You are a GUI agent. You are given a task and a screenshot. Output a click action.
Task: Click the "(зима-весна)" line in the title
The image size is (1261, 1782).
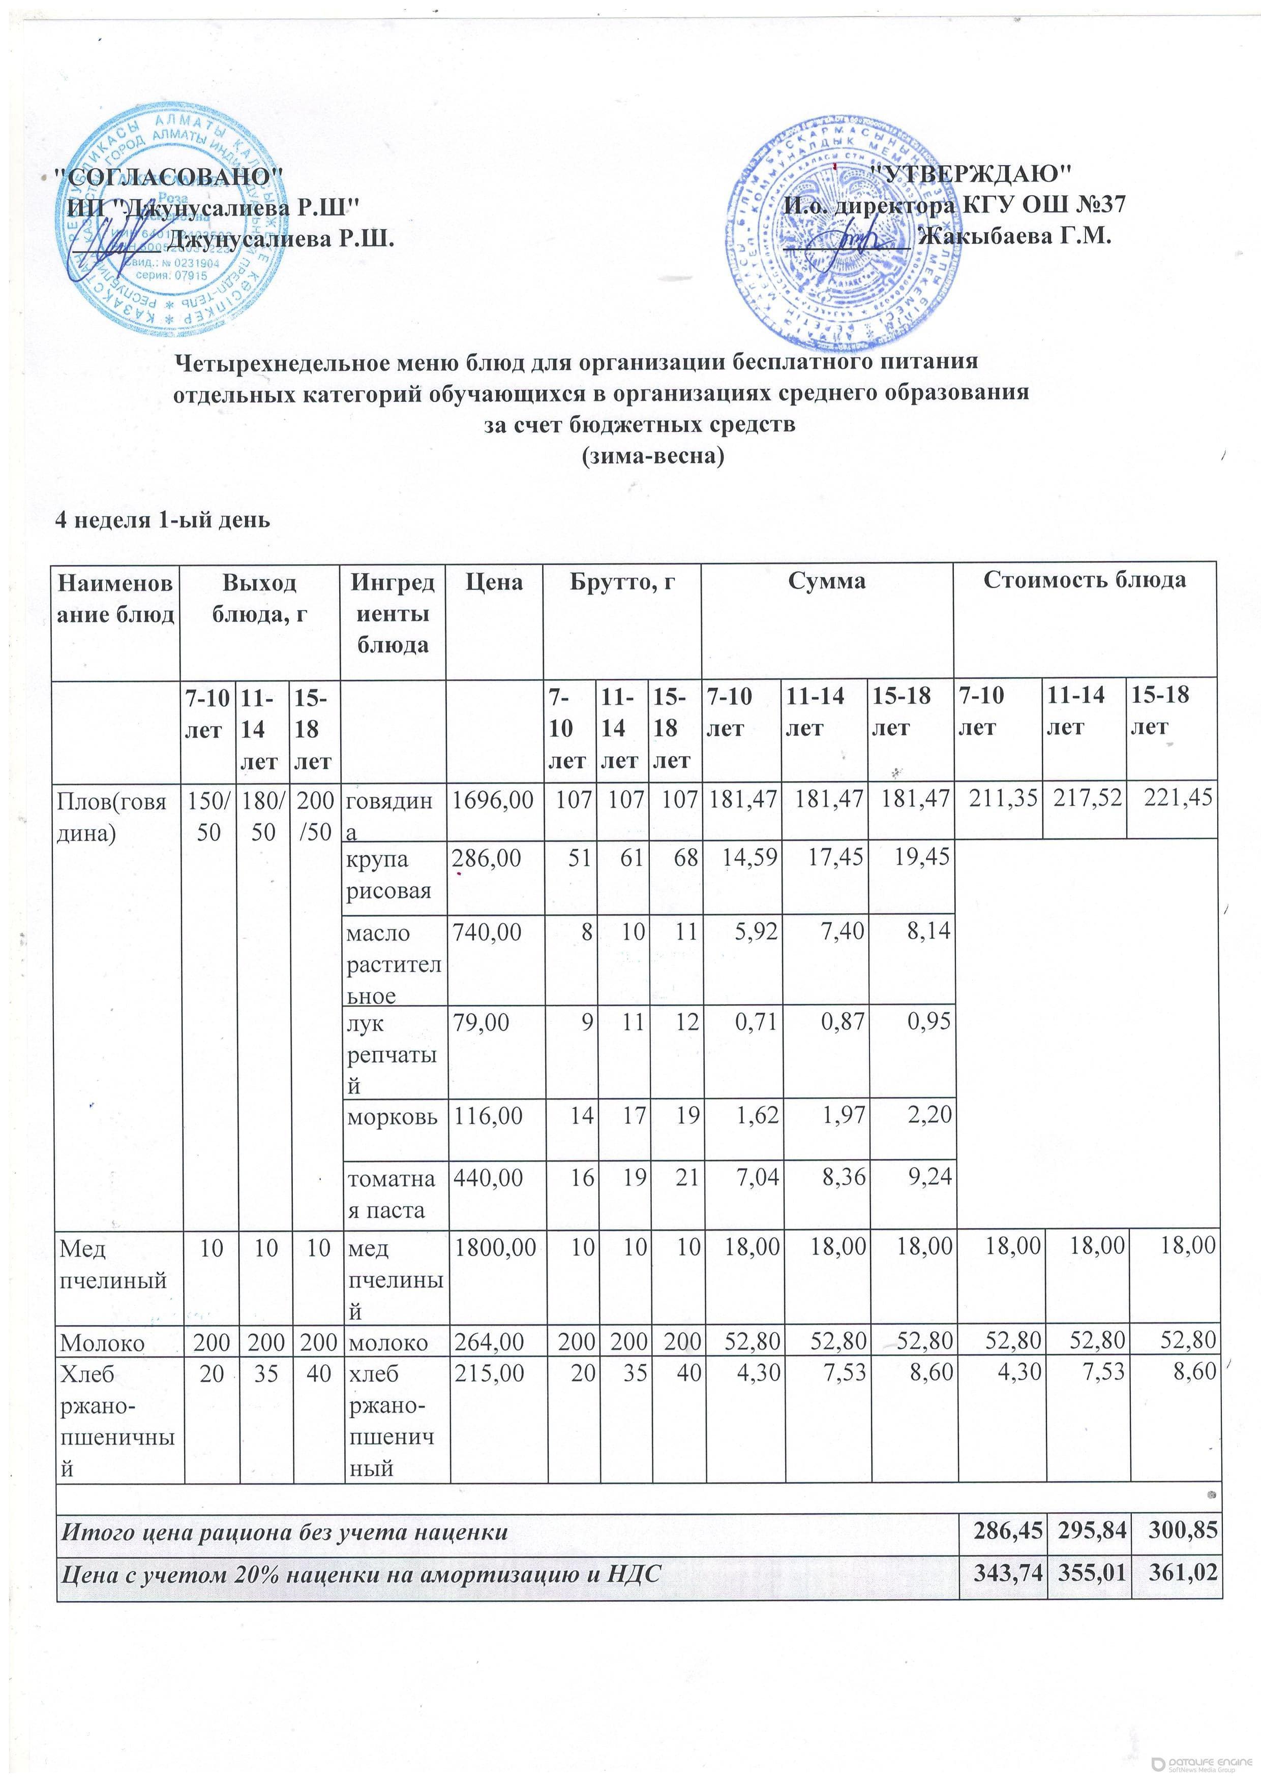[653, 456]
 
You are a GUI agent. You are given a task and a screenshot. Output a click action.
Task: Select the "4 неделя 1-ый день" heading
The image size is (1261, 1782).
[162, 519]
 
